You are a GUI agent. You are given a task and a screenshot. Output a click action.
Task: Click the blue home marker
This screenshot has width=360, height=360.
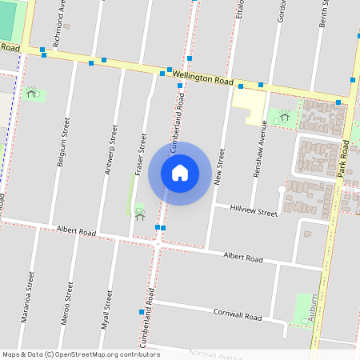point(180,173)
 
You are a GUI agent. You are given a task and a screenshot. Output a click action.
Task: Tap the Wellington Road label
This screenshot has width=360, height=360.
point(201,78)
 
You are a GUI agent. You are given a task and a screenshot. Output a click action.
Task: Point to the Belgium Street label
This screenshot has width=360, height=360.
point(62,142)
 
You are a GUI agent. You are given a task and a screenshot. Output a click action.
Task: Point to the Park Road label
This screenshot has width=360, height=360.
point(345,158)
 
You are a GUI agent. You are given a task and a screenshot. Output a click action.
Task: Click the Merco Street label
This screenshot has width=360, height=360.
point(68,301)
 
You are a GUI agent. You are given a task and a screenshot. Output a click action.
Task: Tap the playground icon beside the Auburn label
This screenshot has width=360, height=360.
point(304,319)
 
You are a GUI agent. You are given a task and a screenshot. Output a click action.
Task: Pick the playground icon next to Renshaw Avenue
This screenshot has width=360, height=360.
point(284,117)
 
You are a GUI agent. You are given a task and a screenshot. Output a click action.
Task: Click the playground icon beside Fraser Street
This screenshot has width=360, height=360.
point(139,214)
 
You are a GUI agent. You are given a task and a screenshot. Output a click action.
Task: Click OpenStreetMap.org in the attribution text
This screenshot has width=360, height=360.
point(94,354)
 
